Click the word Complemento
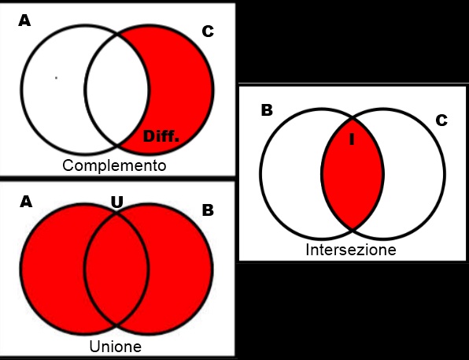tap(114, 165)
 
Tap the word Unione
tap(116, 347)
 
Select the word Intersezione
tap(351, 250)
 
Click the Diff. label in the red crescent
tap(161, 136)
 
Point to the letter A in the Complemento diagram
tap(24, 21)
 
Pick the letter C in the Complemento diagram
tap(208, 32)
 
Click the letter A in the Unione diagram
tap(26, 202)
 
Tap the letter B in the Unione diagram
tap(208, 210)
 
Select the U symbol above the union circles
tap(117, 202)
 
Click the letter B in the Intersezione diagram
tap(267, 110)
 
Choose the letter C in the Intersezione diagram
tap(441, 121)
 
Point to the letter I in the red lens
tap(352, 139)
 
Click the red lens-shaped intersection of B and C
tap(353, 174)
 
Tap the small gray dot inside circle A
tap(56, 78)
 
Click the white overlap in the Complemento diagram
tap(116, 90)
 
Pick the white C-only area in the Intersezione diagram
tap(414, 174)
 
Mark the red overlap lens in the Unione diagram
tap(116, 269)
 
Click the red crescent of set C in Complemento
tap(183, 90)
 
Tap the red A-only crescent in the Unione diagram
tap(53, 269)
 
